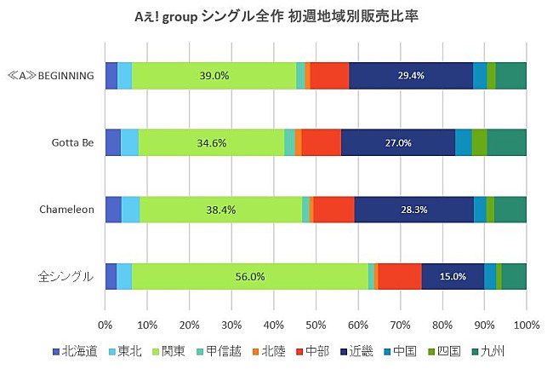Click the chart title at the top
pos(276,16)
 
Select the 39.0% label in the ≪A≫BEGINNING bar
pos(214,76)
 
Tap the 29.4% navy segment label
pos(411,76)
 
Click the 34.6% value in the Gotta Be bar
pos(211,143)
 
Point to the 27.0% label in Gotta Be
pos(398,143)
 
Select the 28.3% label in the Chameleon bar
pos(413,210)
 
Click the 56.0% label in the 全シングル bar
pos(250,277)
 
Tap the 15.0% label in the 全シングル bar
pos(453,277)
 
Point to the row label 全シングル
pos(66,277)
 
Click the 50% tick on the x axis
pos(316,325)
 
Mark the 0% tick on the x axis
pos(105,325)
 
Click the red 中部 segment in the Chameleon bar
pos(334,210)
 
